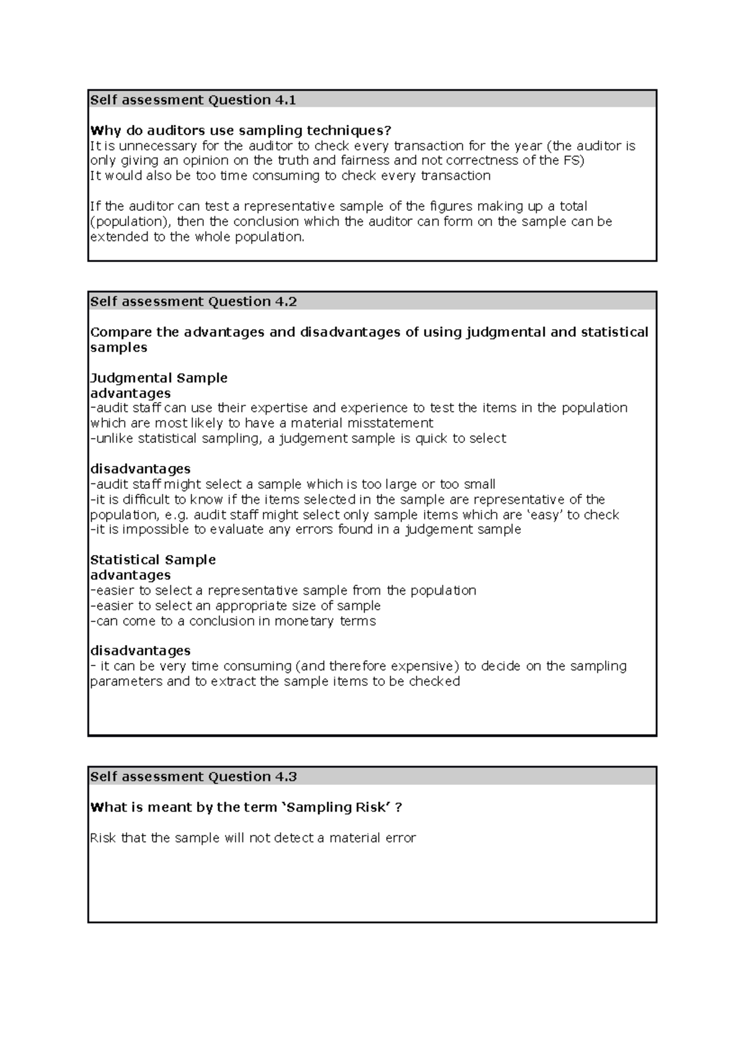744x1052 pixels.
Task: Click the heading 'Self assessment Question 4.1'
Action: click(x=193, y=100)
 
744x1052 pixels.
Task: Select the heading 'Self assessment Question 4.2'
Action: click(x=193, y=302)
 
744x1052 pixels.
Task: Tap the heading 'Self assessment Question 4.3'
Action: click(x=193, y=777)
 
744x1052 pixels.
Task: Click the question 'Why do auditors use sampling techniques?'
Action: click(x=241, y=131)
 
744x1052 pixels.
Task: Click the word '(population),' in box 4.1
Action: click(x=131, y=222)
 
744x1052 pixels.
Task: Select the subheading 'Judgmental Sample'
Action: click(x=159, y=378)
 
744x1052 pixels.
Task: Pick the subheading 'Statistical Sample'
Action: click(x=153, y=560)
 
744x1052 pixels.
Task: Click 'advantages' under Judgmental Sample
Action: click(x=130, y=393)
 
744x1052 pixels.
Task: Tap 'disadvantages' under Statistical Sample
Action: click(x=140, y=651)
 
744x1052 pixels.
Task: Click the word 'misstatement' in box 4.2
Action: click(x=390, y=423)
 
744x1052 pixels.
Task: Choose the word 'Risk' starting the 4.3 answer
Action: click(x=103, y=838)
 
